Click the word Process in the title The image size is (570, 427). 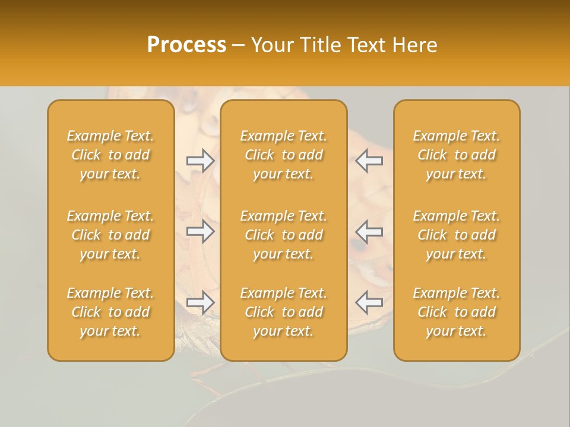186,45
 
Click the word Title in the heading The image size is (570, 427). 321,45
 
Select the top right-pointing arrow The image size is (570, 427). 201,160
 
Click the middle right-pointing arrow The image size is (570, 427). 201,231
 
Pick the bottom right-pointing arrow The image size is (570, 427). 201,302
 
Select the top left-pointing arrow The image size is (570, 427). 369,160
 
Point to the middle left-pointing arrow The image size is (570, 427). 369,231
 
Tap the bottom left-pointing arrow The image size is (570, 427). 369,302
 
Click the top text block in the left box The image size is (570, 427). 110,155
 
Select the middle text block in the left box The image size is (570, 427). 110,235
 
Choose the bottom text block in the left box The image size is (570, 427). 110,312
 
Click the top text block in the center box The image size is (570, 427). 284,155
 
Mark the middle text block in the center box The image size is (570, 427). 284,235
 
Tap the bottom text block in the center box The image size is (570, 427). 284,312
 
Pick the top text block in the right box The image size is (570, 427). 457,155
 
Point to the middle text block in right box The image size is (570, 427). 457,235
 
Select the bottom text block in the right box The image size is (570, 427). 457,312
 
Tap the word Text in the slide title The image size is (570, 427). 366,45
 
